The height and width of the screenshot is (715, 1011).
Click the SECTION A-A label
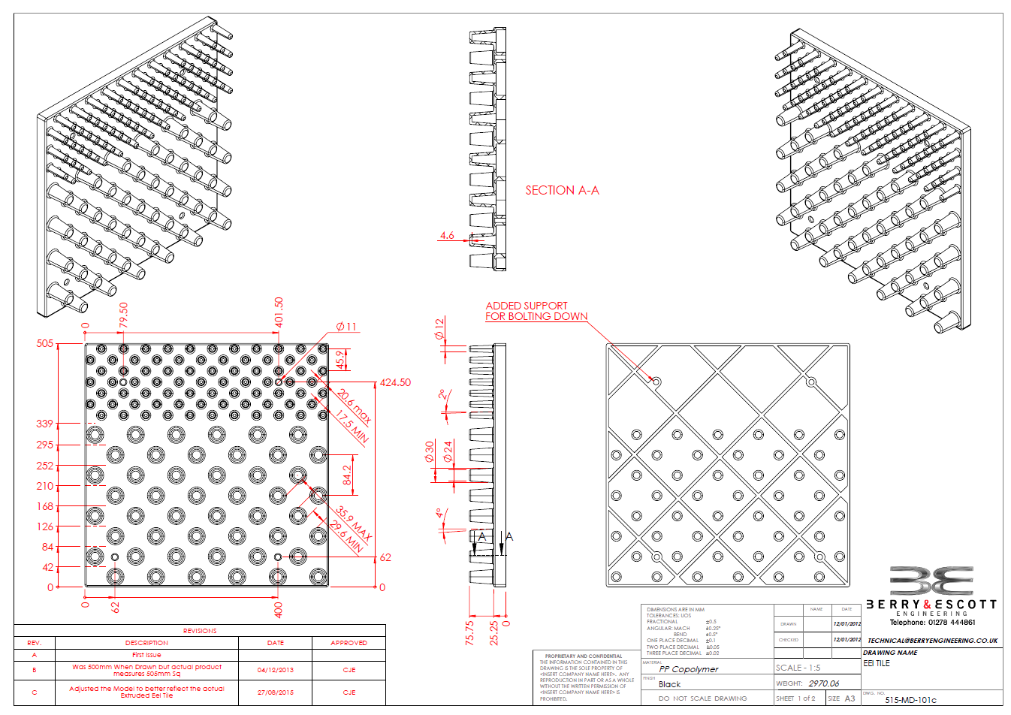point(562,191)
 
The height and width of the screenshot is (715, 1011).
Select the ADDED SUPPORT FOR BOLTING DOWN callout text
point(536,311)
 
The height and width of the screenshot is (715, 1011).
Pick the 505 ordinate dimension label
point(45,344)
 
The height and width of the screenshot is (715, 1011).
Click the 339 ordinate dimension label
point(45,424)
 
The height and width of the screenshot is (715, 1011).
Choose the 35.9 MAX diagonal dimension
point(354,520)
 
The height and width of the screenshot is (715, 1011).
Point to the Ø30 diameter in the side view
point(429,451)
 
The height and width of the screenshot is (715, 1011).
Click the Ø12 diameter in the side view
point(439,327)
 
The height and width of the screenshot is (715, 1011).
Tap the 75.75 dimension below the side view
point(469,632)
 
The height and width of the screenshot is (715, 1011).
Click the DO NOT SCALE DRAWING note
point(702,698)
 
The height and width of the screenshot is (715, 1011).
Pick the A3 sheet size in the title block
point(850,698)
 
